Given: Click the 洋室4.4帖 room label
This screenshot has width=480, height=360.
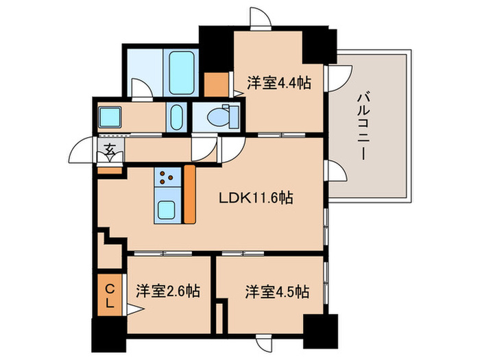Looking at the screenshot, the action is [279, 83].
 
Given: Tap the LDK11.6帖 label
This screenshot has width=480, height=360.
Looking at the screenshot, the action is [256, 197].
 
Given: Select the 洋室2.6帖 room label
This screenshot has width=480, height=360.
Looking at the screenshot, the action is [168, 291].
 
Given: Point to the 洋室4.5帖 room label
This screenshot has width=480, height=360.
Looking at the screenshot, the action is [277, 291].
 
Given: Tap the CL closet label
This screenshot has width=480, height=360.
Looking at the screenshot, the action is [110, 296].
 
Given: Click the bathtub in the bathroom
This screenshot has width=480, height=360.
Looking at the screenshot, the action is [182, 73].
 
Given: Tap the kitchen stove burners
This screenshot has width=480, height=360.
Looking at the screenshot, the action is [167, 177].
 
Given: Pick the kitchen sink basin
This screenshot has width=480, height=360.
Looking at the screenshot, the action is [167, 210].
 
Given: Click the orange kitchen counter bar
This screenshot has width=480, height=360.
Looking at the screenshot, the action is [189, 194].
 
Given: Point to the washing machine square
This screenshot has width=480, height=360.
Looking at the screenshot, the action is [110, 117].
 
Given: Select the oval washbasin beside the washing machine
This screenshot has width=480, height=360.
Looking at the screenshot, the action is [176, 117].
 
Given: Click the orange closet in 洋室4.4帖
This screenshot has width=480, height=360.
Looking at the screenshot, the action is [216, 84].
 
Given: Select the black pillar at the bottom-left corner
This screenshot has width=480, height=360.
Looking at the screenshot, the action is [109, 335].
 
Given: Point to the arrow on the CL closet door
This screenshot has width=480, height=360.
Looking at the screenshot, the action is [135, 309].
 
